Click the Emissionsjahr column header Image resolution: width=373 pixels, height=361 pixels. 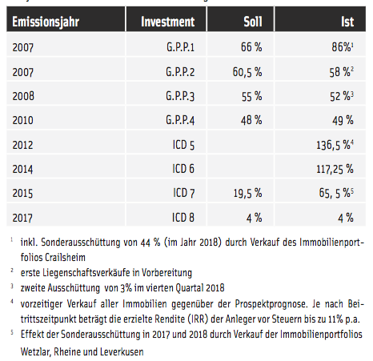(46, 22)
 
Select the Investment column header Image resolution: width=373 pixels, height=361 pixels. (168, 22)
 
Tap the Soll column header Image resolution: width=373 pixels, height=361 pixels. (253, 22)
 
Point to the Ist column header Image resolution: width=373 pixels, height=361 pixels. (347, 22)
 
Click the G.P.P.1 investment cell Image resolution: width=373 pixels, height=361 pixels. (180, 47)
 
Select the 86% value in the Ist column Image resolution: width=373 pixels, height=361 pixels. (343, 47)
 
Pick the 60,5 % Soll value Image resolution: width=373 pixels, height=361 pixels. (247, 72)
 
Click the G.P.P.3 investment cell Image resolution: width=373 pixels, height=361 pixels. (180, 96)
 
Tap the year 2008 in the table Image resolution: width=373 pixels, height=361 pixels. (23, 96)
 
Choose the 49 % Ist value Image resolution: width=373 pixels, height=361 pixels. (343, 120)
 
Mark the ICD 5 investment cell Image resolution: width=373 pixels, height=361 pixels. (183, 145)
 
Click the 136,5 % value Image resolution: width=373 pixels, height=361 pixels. (335, 145)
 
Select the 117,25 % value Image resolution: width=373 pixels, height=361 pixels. (335, 169)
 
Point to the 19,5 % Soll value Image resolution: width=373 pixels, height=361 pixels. (247, 193)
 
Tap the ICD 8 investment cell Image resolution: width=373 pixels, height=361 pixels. (183, 218)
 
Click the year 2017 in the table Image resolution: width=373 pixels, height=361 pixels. (22, 218)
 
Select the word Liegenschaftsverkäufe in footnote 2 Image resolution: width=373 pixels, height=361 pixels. (82, 273)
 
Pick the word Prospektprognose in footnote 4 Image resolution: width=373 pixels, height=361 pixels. (270, 304)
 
